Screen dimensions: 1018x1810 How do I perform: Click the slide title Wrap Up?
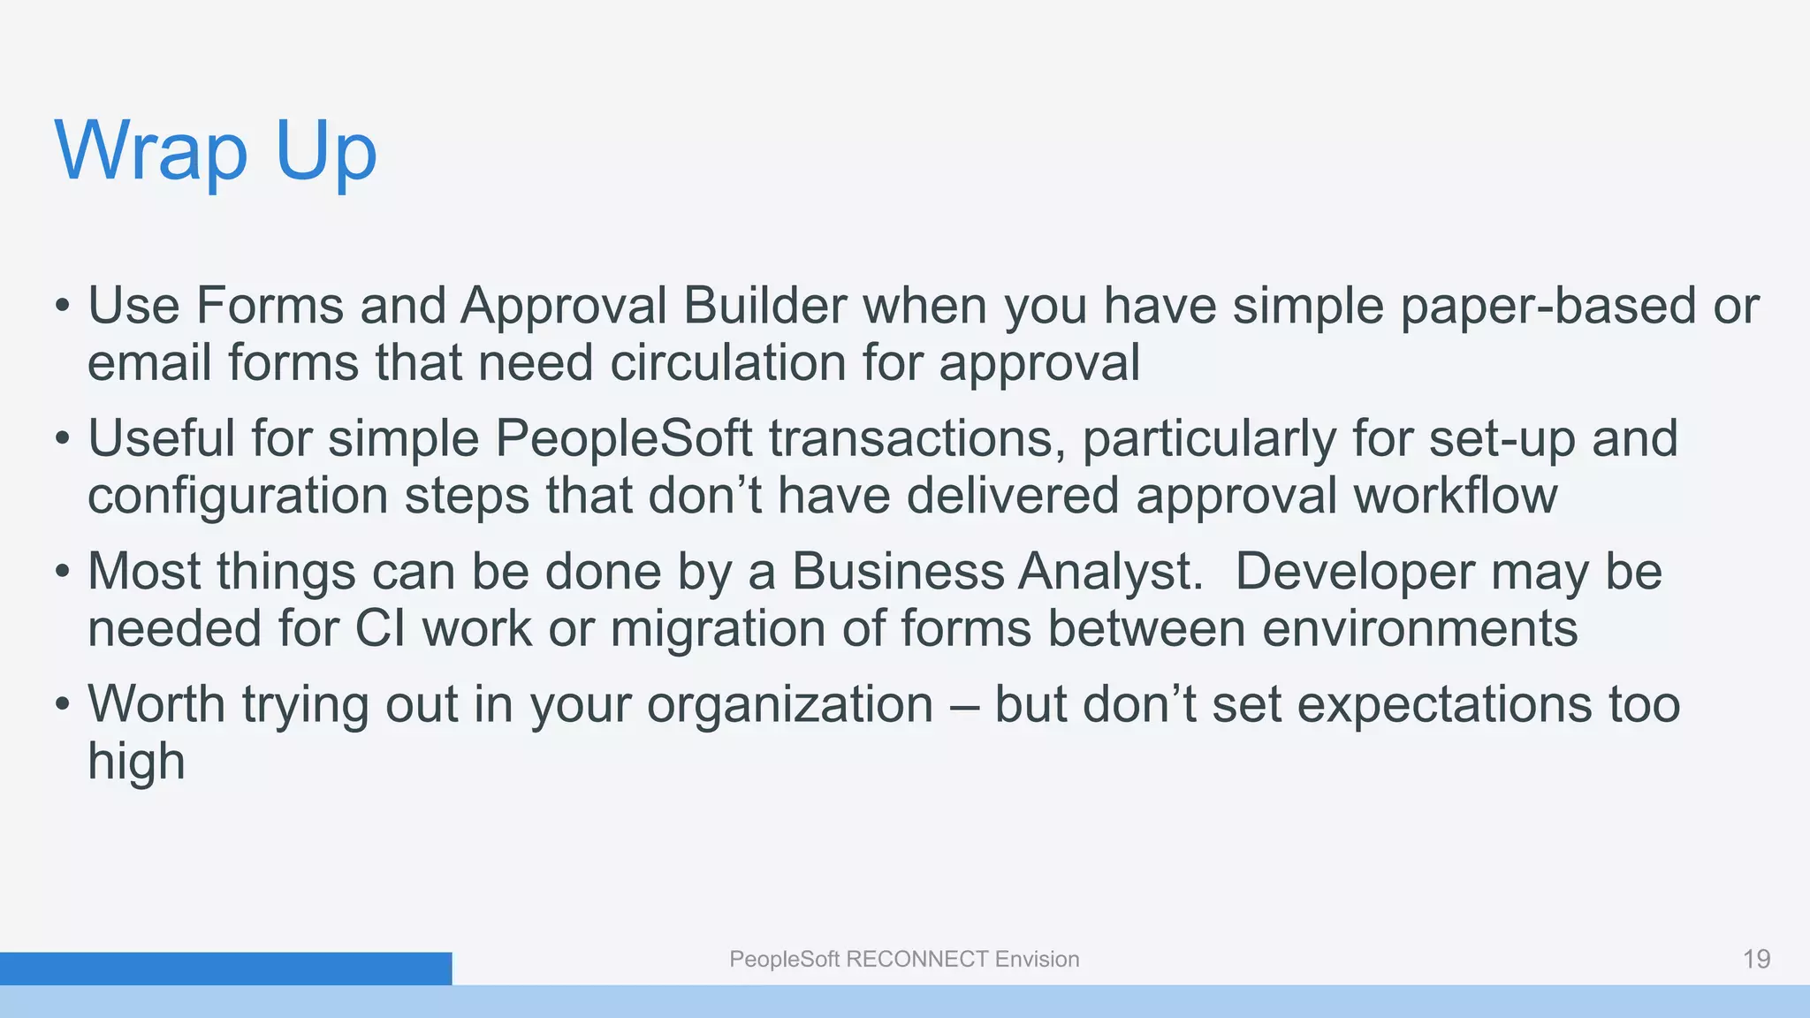(216, 152)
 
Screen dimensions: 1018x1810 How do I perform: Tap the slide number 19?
(1756, 960)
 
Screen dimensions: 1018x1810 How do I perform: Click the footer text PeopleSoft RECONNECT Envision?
(904, 960)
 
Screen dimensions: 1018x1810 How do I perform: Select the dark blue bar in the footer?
(225, 969)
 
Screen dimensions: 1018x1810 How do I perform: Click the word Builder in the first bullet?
(764, 306)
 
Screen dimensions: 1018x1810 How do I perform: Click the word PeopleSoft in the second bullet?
(623, 439)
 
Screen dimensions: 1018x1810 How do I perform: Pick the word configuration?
(238, 497)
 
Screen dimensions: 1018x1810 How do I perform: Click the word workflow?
(1455, 496)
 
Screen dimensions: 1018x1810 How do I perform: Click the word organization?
(790, 705)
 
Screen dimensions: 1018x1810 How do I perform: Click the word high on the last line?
(136, 762)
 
